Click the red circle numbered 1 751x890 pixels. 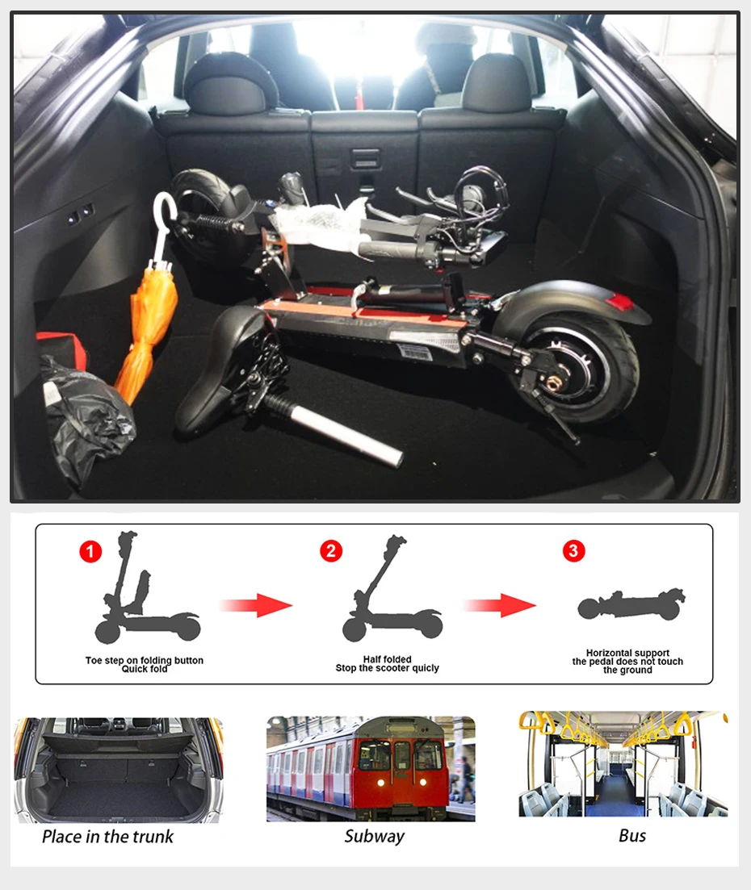click(90, 551)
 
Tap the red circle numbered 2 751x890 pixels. click(331, 550)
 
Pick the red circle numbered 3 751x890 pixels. click(574, 550)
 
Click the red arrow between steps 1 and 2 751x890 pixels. click(256, 605)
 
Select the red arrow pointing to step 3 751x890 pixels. click(500, 605)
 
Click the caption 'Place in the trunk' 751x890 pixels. click(108, 837)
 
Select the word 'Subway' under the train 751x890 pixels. click(375, 837)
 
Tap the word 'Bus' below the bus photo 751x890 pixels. click(632, 835)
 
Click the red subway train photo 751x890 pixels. click(371, 768)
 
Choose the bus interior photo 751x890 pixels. click(623, 763)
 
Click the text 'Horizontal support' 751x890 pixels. click(627, 653)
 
